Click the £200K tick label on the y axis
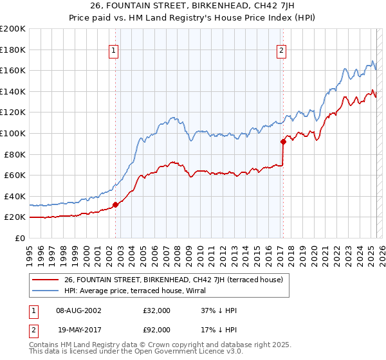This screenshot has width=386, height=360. (x=13, y=28)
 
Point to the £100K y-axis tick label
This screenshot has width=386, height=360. (x=13, y=133)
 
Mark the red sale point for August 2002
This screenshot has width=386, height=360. (x=116, y=204)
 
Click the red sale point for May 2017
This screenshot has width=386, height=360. (x=283, y=141)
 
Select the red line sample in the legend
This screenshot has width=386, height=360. (x=46, y=280)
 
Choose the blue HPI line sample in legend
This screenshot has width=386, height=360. (x=46, y=291)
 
